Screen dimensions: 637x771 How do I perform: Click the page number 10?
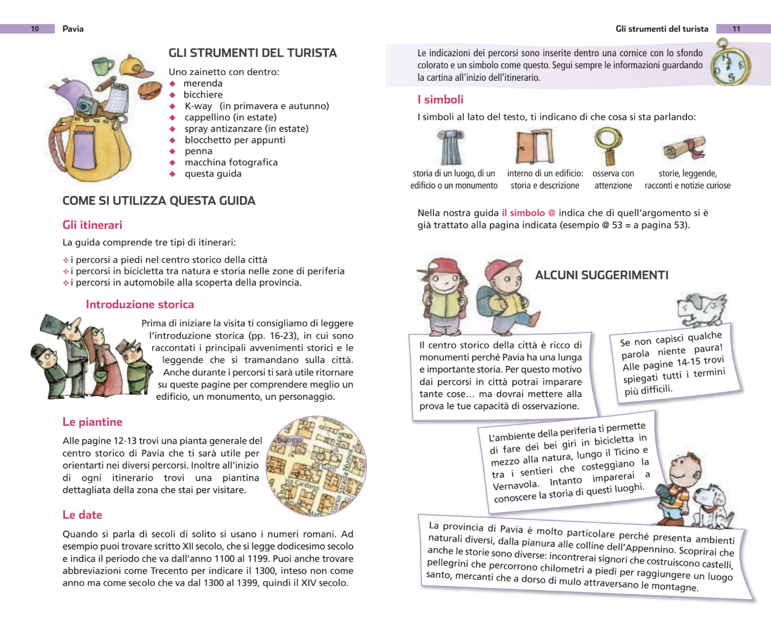click(x=35, y=29)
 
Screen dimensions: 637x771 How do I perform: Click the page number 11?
click(x=736, y=29)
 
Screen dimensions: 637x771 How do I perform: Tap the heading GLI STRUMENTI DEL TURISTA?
click(x=253, y=53)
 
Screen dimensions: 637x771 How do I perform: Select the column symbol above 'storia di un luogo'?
click(x=451, y=148)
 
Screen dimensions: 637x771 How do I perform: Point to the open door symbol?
click(x=534, y=147)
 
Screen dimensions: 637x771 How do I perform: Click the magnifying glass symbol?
click(x=608, y=145)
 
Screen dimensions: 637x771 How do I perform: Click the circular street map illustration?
click(x=316, y=466)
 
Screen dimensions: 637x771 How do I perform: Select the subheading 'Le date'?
click(x=82, y=515)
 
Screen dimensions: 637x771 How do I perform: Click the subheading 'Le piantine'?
click(x=92, y=422)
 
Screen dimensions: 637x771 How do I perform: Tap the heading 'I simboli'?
click(x=440, y=100)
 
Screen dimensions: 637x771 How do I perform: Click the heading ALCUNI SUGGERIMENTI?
click(x=602, y=275)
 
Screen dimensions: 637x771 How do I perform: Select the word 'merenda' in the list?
click(x=203, y=83)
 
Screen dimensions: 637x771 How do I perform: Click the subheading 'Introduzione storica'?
click(x=140, y=304)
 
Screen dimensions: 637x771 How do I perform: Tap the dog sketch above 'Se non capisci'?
click(x=701, y=309)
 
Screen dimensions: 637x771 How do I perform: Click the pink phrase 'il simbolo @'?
click(x=528, y=213)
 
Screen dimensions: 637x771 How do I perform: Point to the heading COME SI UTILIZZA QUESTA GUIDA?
click(x=159, y=201)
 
